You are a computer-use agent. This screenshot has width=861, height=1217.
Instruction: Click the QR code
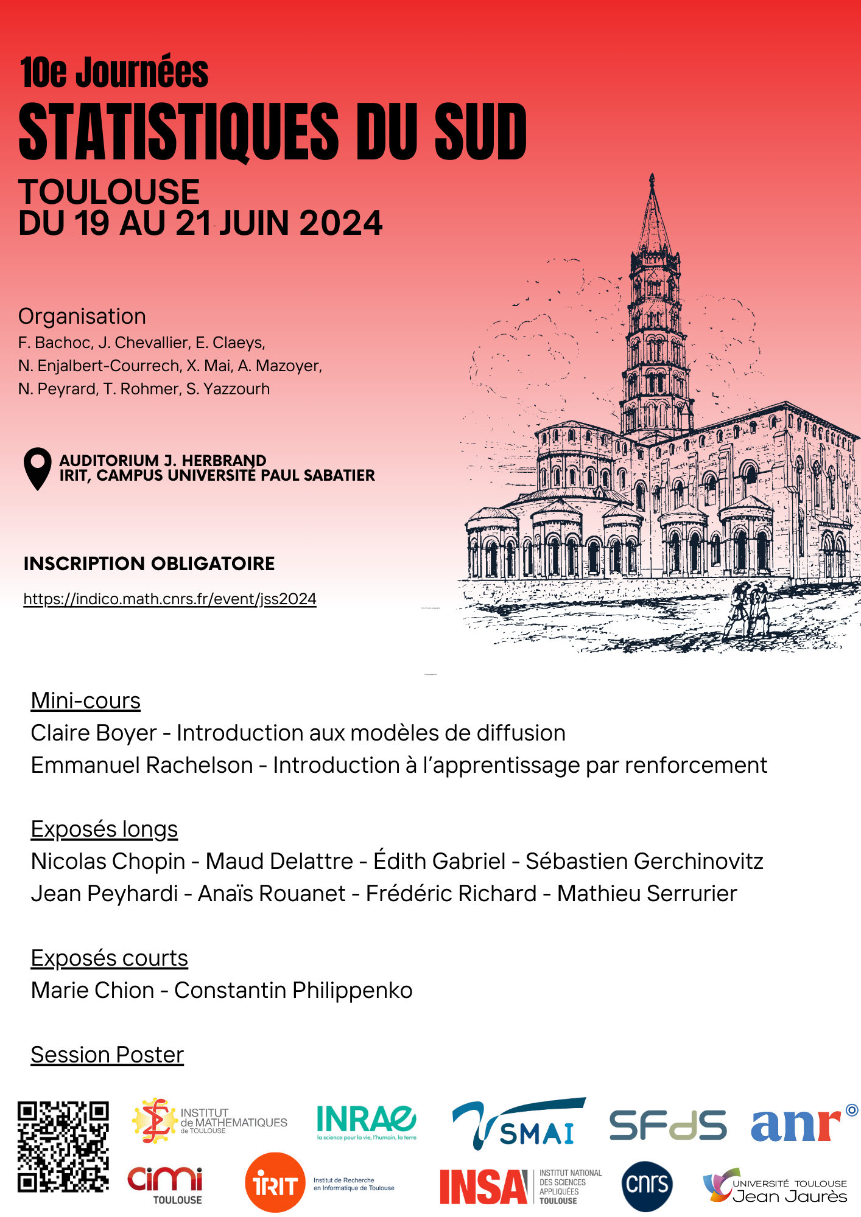pyautogui.click(x=63, y=1146)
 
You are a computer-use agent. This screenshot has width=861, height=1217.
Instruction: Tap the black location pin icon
pyautogui.click(x=38, y=468)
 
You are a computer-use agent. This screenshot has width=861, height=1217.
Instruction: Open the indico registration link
pyautogui.click(x=170, y=599)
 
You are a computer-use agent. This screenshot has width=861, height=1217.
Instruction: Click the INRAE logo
pyautogui.click(x=367, y=1121)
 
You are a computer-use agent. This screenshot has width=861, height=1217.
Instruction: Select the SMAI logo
pyautogui.click(x=519, y=1125)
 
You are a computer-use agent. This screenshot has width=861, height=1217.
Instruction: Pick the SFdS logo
pyautogui.click(x=668, y=1125)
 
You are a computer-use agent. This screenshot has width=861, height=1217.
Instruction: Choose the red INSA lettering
pyautogui.click(x=483, y=1187)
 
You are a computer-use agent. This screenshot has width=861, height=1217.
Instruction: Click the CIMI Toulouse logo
pyautogui.click(x=165, y=1184)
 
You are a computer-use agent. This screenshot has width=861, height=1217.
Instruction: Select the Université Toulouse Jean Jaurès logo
pyautogui.click(x=775, y=1187)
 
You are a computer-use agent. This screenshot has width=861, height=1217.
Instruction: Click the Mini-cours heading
pyautogui.click(x=86, y=701)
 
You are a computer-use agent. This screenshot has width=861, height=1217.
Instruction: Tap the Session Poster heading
pyautogui.click(x=107, y=1055)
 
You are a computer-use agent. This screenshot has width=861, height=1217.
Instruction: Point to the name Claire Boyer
pyautogui.click(x=94, y=733)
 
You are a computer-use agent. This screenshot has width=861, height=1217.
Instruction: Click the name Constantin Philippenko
pyautogui.click(x=293, y=990)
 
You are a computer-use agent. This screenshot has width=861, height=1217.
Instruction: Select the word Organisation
pyautogui.click(x=82, y=316)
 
